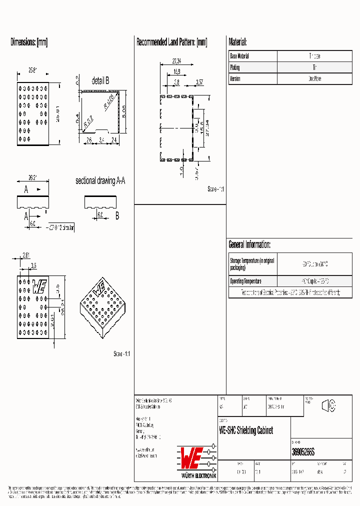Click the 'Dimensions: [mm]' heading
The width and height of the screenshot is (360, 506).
[x=29, y=42]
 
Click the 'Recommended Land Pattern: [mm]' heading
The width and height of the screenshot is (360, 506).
[x=171, y=42]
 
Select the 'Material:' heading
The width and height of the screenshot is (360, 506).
[x=237, y=42]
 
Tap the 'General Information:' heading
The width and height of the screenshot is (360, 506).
[x=249, y=244]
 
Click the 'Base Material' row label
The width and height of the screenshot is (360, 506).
[x=239, y=56]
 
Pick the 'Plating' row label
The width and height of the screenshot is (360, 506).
[x=235, y=67]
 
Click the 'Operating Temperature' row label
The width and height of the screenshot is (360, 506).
[x=245, y=281]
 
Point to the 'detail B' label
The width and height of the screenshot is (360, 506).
[x=100, y=81]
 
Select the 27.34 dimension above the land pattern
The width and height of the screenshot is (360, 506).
[x=176, y=61]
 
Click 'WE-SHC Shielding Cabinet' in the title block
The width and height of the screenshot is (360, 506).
[x=246, y=431]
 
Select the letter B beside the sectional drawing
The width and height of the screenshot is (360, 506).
[x=117, y=216]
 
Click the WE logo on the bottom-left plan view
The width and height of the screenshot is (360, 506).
[x=40, y=286]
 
